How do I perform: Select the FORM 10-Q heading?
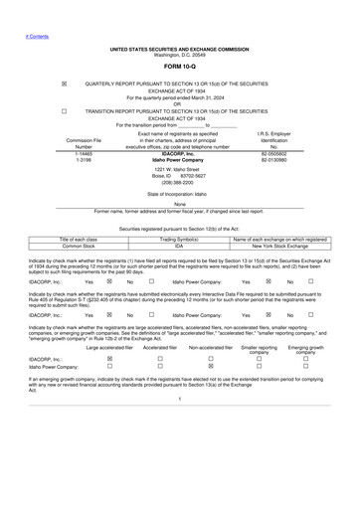click(180, 67)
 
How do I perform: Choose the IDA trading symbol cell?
click(180, 246)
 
